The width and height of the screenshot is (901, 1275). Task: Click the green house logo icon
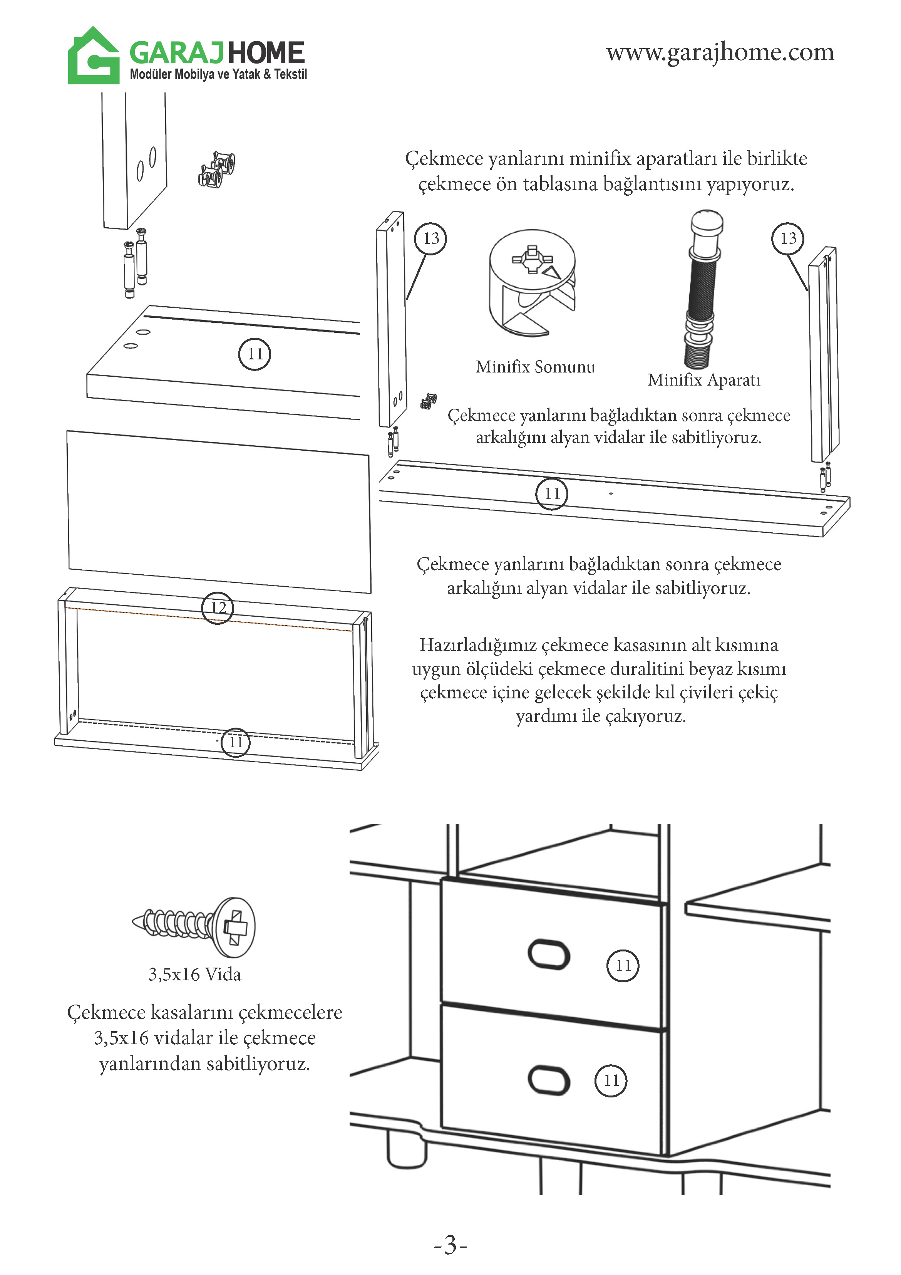click(x=93, y=56)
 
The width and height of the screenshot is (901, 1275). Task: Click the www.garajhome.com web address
click(x=720, y=52)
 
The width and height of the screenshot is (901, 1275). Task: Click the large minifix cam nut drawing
click(x=532, y=283)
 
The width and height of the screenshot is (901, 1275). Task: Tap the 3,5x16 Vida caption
click(x=194, y=974)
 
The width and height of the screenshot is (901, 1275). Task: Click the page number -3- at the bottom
click(x=450, y=1245)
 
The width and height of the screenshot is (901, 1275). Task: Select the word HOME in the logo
click(x=266, y=53)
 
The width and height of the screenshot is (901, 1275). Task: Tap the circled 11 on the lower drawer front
click(x=611, y=1080)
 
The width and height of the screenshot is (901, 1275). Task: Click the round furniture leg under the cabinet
click(x=406, y=1148)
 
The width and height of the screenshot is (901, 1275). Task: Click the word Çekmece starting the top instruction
click(x=444, y=158)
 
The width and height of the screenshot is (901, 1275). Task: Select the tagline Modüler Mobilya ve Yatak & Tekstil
click(x=218, y=74)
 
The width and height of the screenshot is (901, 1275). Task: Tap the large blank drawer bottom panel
click(x=219, y=511)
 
